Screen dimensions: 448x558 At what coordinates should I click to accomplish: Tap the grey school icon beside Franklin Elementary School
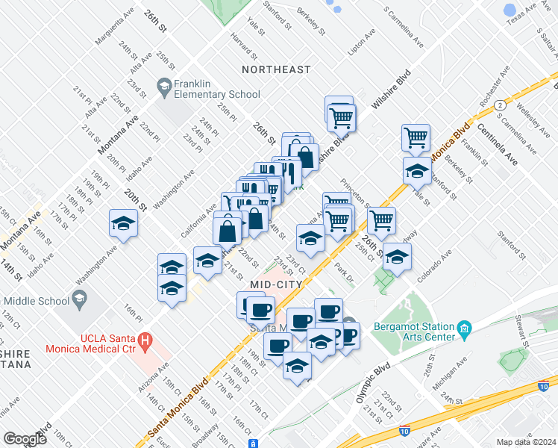[x=163, y=89]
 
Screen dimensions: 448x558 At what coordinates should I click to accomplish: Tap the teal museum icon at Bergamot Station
[x=464, y=328]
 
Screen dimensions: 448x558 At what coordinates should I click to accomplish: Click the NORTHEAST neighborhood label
[x=276, y=69]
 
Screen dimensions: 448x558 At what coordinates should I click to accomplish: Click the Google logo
[x=25, y=439]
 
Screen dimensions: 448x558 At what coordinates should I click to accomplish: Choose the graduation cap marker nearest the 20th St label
[x=124, y=223]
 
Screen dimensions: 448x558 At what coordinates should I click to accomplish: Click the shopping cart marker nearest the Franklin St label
[x=416, y=137]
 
